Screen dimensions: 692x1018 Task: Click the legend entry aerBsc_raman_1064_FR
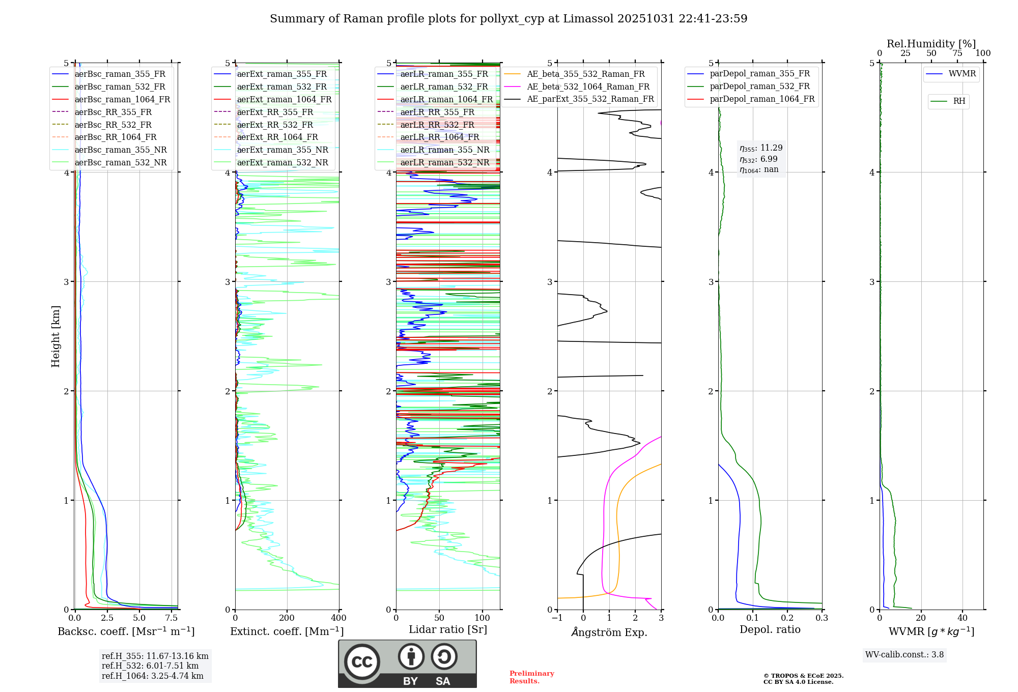(122, 100)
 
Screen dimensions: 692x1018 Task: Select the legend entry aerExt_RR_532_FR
(275, 125)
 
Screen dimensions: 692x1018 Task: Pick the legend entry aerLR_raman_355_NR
(444, 150)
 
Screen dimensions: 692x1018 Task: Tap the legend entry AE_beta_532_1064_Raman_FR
(588, 87)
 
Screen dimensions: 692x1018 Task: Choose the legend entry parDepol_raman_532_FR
(759, 86)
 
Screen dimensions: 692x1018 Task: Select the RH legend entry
(959, 101)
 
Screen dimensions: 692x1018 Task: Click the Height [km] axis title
(56, 336)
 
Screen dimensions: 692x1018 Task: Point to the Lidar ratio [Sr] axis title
(448, 629)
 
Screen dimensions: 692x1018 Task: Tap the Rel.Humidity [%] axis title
(931, 44)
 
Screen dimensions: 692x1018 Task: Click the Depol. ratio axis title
(770, 629)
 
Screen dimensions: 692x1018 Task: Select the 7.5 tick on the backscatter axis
(172, 618)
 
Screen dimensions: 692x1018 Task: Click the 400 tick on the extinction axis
(338, 618)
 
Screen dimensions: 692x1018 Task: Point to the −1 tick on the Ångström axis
(557, 618)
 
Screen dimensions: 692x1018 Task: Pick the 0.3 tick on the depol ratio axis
(822, 618)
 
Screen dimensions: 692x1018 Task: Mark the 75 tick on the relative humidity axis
(957, 53)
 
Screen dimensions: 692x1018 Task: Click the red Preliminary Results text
(531, 677)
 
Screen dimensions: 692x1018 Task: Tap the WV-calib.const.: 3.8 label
(904, 655)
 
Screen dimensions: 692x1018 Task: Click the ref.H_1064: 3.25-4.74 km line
(153, 676)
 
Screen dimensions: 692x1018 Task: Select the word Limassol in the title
(589, 19)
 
